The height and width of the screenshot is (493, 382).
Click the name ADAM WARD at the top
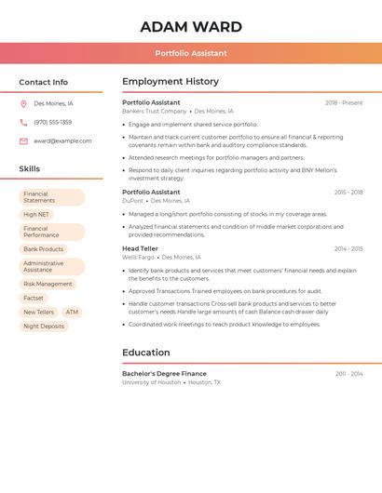(191, 27)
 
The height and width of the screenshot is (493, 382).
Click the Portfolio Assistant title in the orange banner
(191, 53)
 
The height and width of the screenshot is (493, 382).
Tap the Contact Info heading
(44, 82)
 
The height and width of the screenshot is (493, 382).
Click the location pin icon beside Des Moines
(23, 104)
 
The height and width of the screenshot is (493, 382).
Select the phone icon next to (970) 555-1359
(23, 122)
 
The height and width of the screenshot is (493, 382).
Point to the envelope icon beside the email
(23, 140)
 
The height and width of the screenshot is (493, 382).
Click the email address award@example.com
(62, 140)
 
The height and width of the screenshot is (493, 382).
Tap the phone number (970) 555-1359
(52, 122)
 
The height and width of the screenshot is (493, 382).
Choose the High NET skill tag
(36, 214)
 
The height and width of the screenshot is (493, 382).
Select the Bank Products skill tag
(44, 249)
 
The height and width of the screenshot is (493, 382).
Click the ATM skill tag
(72, 312)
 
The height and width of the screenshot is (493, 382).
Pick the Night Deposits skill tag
(44, 326)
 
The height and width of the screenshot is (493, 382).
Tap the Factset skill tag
(34, 298)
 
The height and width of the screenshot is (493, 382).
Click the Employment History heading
(171, 82)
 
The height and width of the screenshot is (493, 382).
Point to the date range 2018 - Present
(344, 102)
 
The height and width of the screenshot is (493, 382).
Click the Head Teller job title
(140, 248)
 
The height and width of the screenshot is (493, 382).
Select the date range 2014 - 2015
(348, 248)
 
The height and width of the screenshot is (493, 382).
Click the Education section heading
(146, 353)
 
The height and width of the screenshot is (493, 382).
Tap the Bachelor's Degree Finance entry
(164, 373)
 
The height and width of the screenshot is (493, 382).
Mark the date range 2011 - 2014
(349, 373)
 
